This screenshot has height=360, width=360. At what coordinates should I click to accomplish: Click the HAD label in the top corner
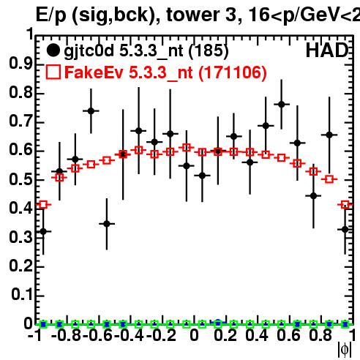327,50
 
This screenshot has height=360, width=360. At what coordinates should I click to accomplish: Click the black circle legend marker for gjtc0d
53,50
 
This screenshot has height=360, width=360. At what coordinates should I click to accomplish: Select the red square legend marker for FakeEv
53,72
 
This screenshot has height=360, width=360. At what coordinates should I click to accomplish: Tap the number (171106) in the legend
233,72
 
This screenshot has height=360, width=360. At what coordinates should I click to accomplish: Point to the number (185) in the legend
209,50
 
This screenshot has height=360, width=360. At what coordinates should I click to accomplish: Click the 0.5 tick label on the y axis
20,180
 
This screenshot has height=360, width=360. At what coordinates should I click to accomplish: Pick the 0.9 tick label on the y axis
20,64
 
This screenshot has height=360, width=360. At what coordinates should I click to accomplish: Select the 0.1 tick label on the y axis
21,295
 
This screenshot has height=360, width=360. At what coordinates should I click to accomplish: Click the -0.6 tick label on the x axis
97,336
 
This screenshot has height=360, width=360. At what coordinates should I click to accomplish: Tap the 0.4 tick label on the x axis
257,336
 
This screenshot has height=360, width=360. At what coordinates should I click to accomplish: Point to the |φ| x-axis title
345,350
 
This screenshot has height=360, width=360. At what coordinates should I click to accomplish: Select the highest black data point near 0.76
282,105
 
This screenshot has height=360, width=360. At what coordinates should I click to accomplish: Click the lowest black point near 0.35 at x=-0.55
107,224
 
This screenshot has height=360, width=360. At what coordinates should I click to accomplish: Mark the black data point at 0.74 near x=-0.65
91,111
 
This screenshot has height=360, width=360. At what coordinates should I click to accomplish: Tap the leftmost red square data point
43,205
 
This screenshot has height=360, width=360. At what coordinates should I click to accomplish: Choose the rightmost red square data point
345,205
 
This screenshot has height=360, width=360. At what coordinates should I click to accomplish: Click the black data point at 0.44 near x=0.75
313,195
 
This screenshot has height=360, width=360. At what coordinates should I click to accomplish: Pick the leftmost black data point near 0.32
43,231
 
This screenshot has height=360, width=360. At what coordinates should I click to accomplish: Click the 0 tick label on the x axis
194,336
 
